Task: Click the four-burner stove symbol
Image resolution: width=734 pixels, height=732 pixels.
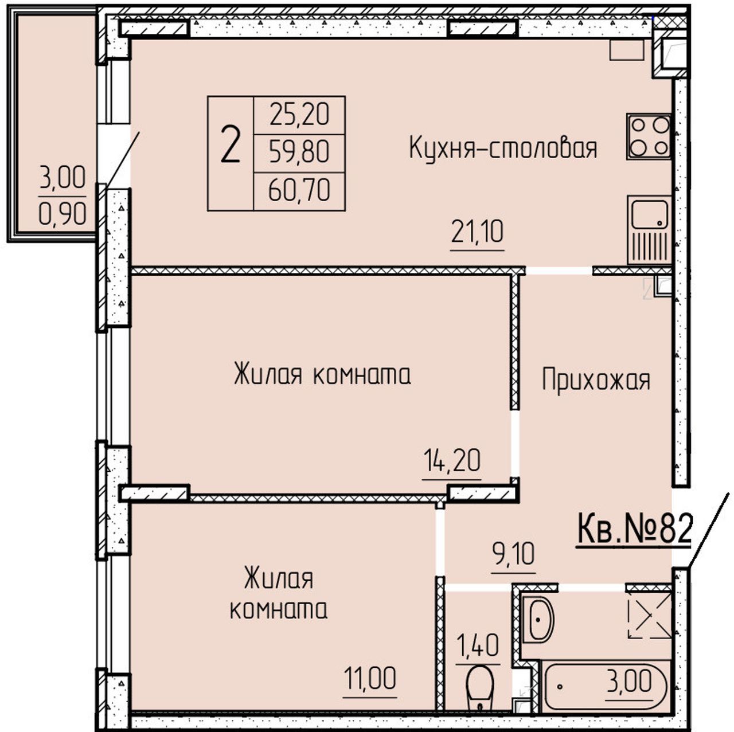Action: [x=649, y=137]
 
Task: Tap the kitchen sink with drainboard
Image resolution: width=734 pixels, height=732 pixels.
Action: [x=650, y=230]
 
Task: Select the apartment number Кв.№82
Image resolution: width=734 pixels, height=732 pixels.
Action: [x=634, y=530]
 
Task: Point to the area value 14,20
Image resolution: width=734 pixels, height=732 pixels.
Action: [x=452, y=460]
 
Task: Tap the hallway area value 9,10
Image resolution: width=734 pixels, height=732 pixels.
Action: [x=513, y=554]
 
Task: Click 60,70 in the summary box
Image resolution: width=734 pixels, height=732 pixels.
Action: [x=299, y=190]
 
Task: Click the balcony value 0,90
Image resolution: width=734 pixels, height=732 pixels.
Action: [x=63, y=213]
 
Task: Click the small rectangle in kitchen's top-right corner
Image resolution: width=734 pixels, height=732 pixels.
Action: [x=627, y=50]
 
